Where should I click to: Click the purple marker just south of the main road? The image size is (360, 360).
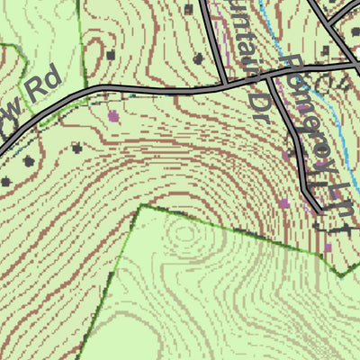112,116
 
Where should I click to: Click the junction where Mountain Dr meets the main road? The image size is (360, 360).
225,85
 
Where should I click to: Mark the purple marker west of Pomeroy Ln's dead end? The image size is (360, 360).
284,203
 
